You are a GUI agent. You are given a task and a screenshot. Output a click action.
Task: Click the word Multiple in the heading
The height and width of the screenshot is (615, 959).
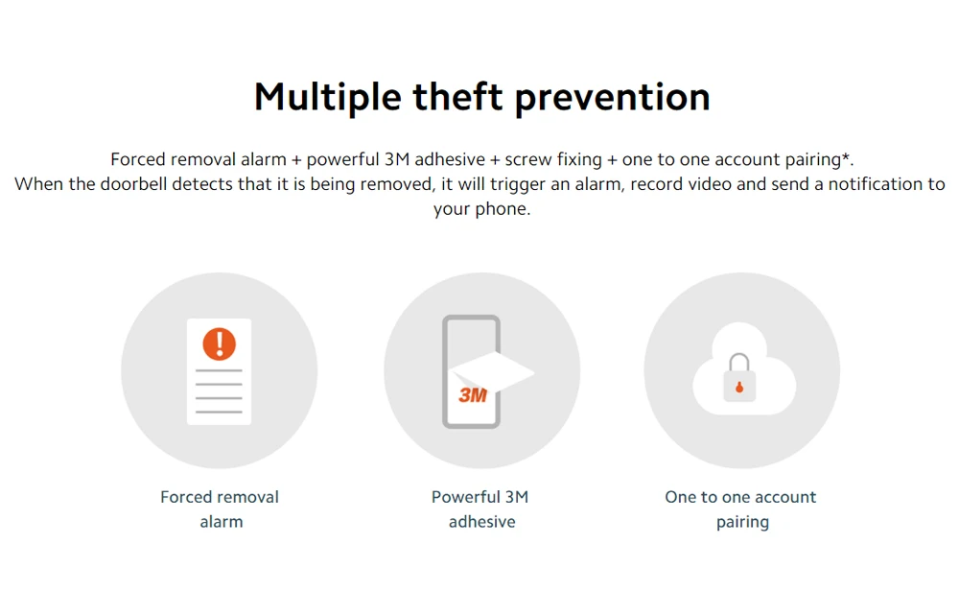pyautogui.click(x=327, y=98)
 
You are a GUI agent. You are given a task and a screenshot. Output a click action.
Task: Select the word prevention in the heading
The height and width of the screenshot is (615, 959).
pyautogui.click(x=612, y=98)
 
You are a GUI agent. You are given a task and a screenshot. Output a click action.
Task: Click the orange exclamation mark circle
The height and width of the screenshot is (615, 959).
pyautogui.click(x=219, y=343)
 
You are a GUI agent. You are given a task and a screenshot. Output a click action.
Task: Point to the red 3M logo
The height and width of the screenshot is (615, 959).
pyautogui.click(x=473, y=395)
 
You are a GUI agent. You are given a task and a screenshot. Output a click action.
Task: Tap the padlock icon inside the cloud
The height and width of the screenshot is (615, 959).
pyautogui.click(x=739, y=378)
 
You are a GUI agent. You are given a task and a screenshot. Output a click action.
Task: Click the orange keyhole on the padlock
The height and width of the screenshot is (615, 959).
pyautogui.click(x=739, y=387)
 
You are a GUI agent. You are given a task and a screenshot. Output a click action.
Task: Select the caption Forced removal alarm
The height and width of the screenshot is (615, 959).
pyautogui.click(x=220, y=509)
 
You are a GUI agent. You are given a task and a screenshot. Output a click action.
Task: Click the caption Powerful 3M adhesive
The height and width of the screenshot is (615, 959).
pyautogui.click(x=480, y=509)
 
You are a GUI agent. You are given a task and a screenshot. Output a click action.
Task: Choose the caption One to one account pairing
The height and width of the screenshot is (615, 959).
pyautogui.click(x=740, y=509)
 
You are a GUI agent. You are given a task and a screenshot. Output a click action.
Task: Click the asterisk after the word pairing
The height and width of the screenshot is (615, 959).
pyautogui.click(x=846, y=156)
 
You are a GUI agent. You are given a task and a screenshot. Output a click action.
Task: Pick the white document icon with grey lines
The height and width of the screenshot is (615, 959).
pyautogui.click(x=219, y=371)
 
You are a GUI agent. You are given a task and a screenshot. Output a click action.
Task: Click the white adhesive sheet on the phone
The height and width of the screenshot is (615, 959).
pyautogui.click(x=491, y=372)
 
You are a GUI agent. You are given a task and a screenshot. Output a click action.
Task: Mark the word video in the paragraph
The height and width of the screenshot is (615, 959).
pyautogui.click(x=710, y=184)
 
